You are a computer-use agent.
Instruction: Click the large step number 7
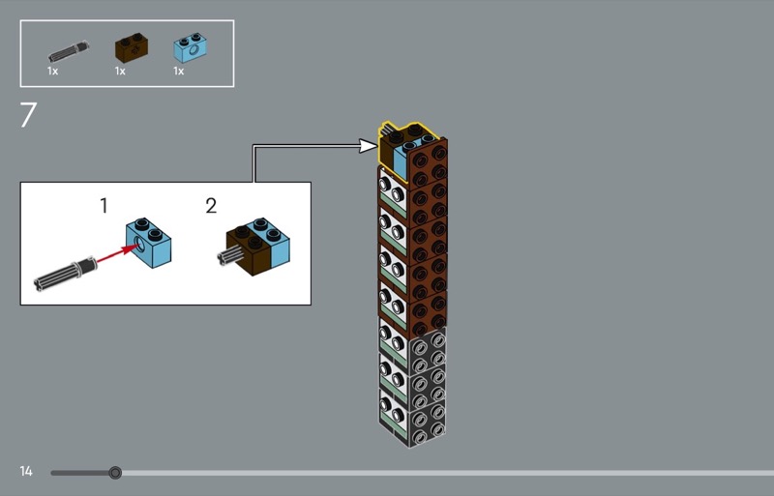coord(28,116)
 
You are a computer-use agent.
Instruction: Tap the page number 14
coord(26,472)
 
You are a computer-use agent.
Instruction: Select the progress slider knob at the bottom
coord(115,473)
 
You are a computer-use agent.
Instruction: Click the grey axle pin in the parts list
coord(70,46)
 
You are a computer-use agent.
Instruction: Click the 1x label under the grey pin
coord(53,71)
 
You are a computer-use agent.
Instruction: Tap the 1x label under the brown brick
coord(120,71)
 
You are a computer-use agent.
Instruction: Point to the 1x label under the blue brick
coord(178,71)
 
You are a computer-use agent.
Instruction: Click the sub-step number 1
coord(104,206)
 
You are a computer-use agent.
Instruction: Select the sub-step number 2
coord(211,206)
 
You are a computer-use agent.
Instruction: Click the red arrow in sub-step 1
coord(115,254)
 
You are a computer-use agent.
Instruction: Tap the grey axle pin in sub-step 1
coord(62,272)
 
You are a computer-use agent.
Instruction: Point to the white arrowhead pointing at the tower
coord(367,146)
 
